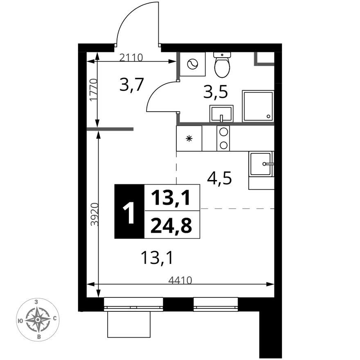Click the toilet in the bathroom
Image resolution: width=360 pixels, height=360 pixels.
[222, 65]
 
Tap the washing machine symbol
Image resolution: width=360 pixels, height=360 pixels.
[192, 64]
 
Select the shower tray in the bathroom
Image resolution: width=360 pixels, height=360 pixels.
[258, 106]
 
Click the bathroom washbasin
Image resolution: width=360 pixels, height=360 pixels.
[221, 113]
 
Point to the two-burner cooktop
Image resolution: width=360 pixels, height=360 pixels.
[223, 138]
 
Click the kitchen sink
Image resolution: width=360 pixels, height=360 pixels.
[261, 164]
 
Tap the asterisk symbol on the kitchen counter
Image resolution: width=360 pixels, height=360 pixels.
[189, 138]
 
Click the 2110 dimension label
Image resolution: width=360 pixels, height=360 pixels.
[131, 57]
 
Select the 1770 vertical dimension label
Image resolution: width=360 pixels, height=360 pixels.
[94, 90]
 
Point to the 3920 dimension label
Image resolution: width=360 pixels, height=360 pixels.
[94, 214]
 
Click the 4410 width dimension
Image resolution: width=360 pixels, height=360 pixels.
[180, 280]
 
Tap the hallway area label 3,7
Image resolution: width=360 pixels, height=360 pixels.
[132, 84]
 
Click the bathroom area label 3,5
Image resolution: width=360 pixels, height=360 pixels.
[216, 92]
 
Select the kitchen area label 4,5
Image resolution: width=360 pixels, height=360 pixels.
[219, 178]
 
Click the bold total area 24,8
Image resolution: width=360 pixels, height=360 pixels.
[171, 225]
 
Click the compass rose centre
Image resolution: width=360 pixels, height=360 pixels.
[38, 319]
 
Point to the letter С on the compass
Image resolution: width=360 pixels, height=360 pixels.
[55, 318]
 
